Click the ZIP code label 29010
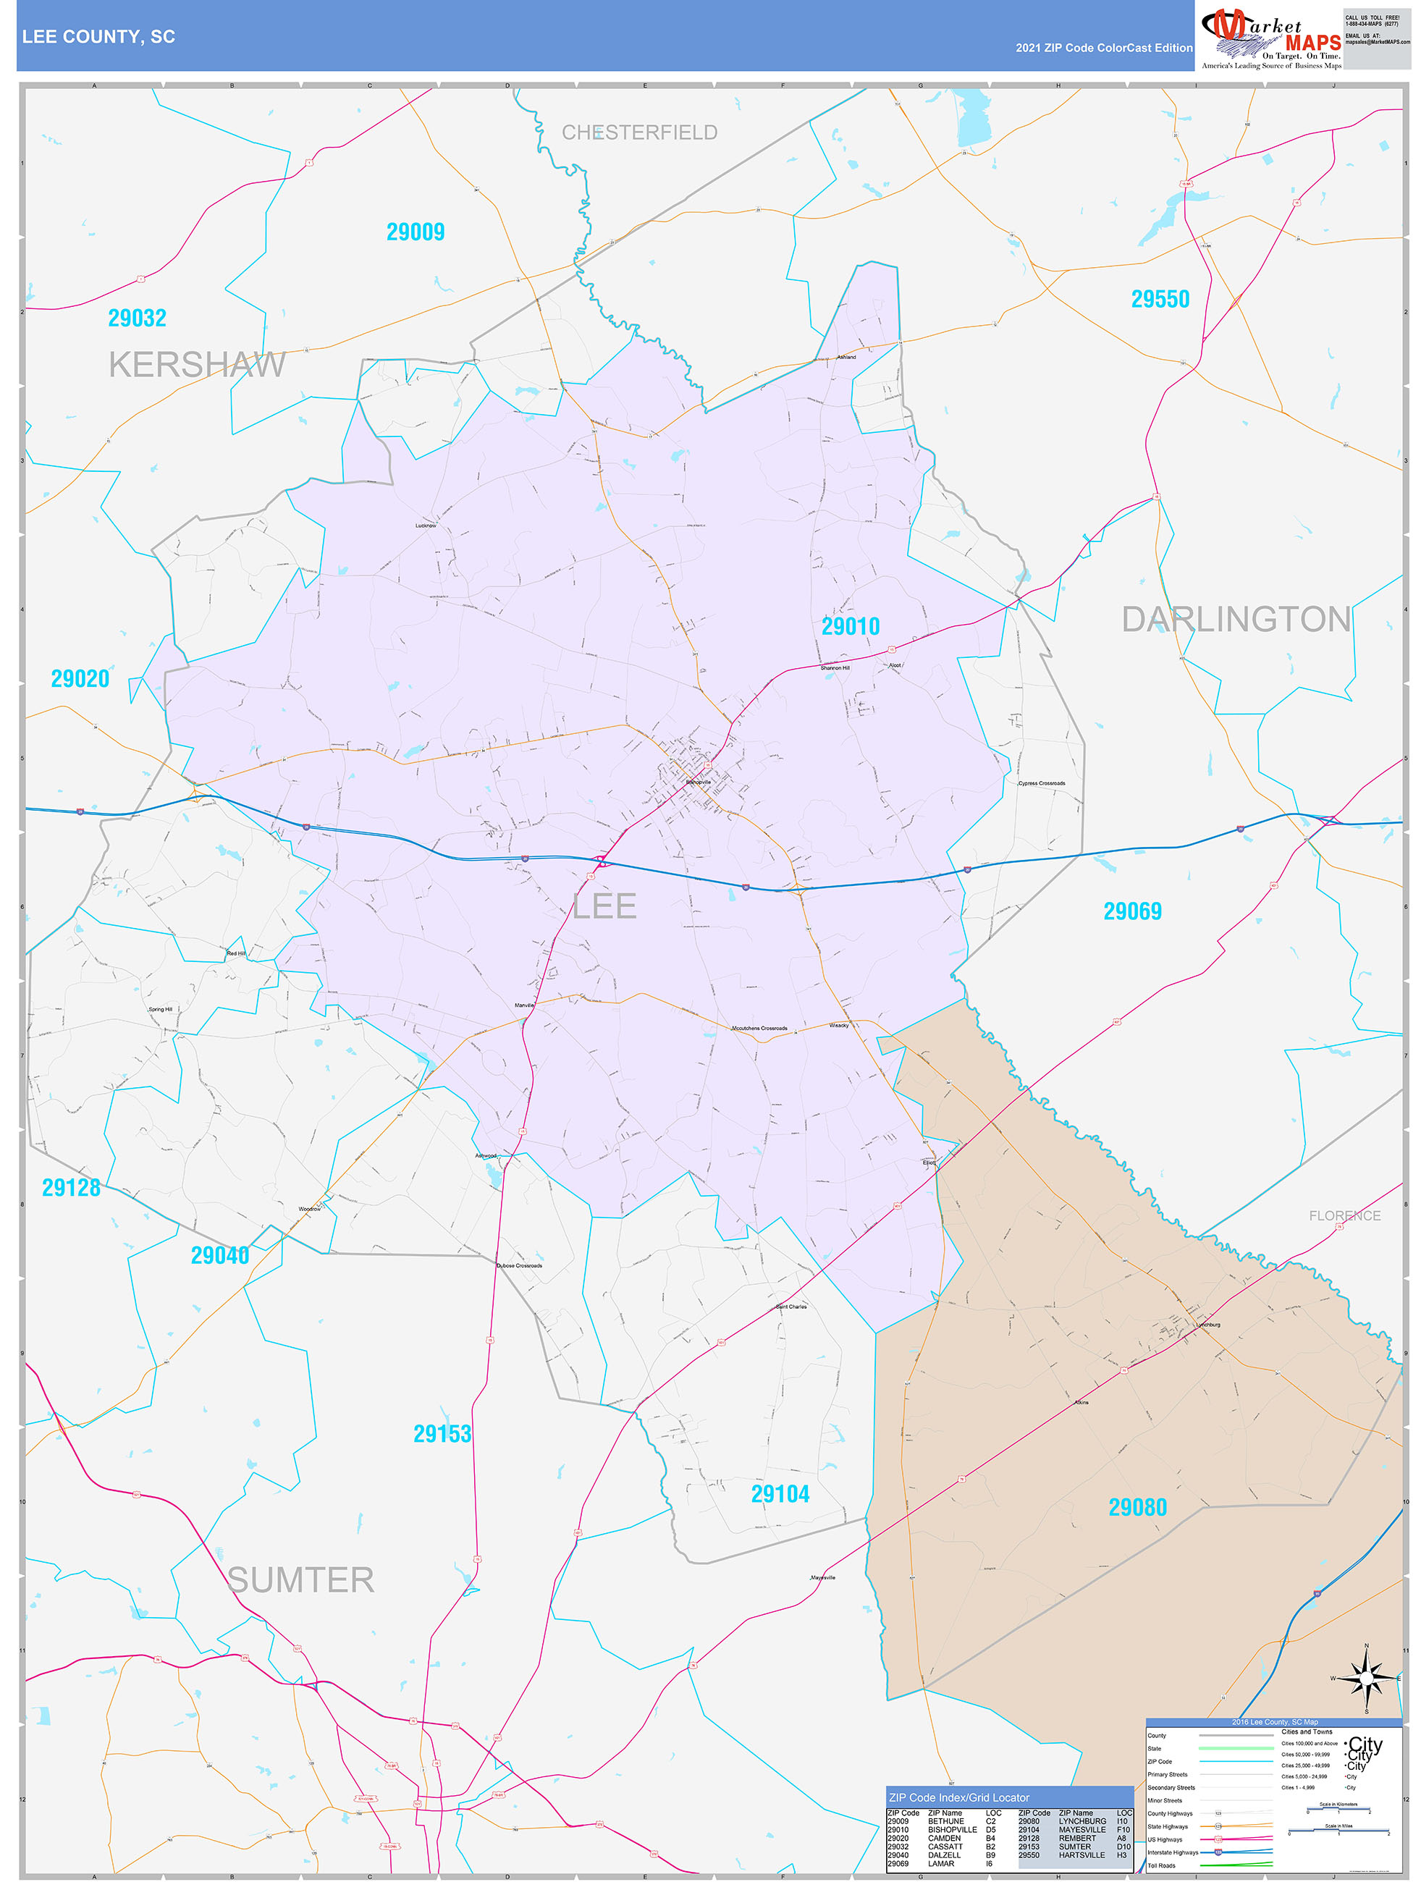click(x=850, y=627)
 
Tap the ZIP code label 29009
click(x=416, y=232)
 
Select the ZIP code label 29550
click(x=1160, y=300)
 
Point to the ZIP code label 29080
click(x=1137, y=1508)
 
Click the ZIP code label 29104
click(x=780, y=1494)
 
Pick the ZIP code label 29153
click(x=442, y=1434)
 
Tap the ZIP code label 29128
click(x=72, y=1188)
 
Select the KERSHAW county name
click(x=197, y=365)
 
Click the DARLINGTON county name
click(x=1236, y=620)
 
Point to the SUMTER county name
click(x=300, y=1580)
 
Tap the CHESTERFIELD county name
click(x=639, y=132)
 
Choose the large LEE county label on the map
click(x=604, y=906)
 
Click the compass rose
click(x=1367, y=1678)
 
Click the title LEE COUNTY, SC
click(x=98, y=37)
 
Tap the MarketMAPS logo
click(x=1270, y=38)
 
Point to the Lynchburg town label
click(x=1207, y=1324)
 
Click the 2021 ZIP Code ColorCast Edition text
click(x=1104, y=48)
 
